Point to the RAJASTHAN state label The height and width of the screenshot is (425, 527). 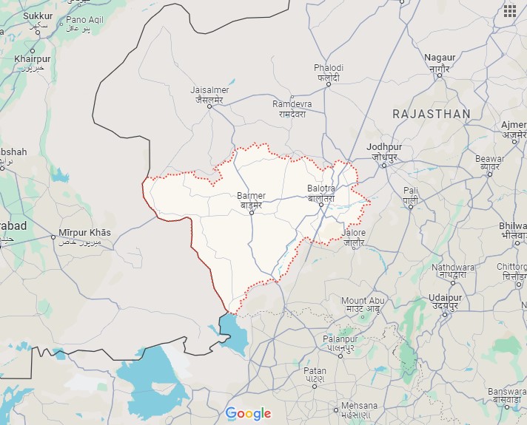(432, 114)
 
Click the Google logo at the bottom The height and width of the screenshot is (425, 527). (249, 413)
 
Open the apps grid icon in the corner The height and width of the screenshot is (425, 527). (509, 10)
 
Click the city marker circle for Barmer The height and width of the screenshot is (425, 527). (251, 213)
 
